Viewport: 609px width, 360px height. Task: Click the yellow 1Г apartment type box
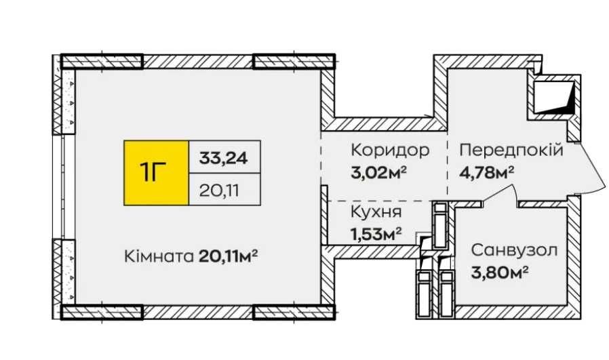156,172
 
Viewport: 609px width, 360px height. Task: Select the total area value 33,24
223,158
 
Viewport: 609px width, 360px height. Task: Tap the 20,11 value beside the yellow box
220,191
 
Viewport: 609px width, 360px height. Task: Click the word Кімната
159,256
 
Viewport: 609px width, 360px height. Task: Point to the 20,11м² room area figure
229,256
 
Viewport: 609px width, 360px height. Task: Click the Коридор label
390,150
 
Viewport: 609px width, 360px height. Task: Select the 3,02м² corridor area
378,172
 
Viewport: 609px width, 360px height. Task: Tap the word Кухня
376,212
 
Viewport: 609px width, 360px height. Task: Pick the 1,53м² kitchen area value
376,234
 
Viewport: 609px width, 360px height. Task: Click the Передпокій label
511,150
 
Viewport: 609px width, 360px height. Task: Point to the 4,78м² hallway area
487,172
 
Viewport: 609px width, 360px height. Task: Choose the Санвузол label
514,250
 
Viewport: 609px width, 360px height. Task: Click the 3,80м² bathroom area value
499,273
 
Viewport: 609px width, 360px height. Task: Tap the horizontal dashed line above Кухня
380,201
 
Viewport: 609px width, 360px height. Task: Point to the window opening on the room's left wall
68,187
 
